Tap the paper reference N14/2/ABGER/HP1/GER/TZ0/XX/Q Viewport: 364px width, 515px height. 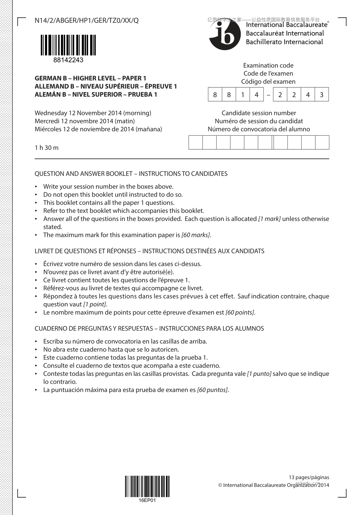point(86,20)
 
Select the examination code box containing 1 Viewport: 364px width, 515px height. point(243,95)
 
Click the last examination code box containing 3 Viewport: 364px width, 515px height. point(322,95)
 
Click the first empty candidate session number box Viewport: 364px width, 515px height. point(196,143)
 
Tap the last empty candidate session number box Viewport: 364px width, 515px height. point(322,143)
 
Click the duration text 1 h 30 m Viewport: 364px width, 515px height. point(46,148)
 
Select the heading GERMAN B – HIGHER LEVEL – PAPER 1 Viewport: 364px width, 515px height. point(90,78)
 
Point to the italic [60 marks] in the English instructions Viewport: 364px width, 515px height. point(196,235)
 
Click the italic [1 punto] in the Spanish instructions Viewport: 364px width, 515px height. point(259,374)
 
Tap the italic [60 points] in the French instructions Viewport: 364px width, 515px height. point(240,313)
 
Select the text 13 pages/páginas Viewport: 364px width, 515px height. point(309,477)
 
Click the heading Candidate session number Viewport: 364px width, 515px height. point(259,113)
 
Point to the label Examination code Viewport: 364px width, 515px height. point(268,65)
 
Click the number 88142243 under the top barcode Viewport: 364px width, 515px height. point(68,60)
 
